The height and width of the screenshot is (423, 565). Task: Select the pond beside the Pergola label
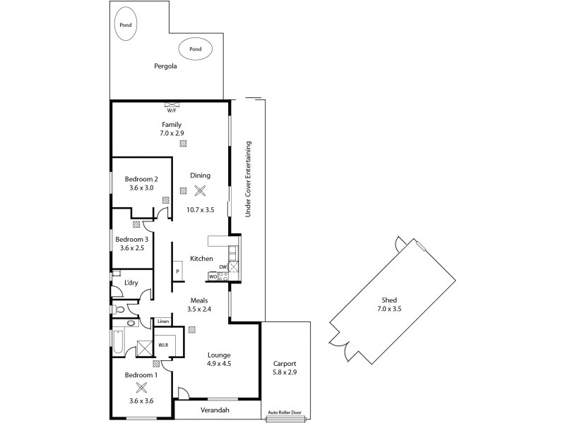(195, 49)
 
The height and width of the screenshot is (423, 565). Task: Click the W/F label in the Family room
(171, 111)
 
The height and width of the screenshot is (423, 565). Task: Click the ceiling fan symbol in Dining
(201, 190)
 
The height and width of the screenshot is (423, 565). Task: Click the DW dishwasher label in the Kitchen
(222, 266)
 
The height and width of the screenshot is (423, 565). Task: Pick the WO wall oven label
(212, 276)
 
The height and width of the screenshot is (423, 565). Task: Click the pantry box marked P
(177, 271)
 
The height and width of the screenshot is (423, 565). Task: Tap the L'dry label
(131, 283)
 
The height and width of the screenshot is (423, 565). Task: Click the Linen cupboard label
(162, 321)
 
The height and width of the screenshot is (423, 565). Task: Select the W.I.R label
(162, 345)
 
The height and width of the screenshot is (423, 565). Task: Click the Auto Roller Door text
(285, 414)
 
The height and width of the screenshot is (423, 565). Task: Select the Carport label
(285, 364)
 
